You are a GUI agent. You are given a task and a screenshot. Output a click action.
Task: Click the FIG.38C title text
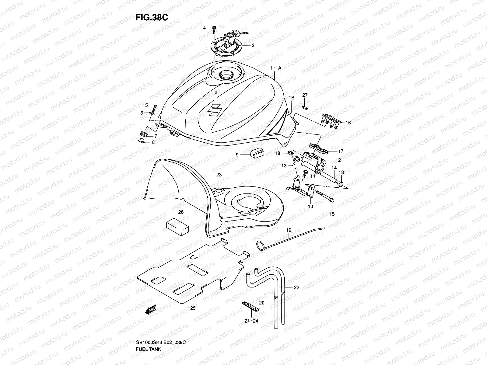click(152, 17)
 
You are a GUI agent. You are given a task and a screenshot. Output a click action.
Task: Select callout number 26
click(180, 212)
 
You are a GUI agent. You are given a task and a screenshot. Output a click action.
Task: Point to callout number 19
click(288, 231)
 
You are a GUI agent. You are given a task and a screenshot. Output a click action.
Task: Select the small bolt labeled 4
click(214, 29)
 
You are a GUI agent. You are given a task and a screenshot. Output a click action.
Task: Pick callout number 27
click(305, 95)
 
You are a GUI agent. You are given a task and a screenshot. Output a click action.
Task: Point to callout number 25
click(193, 308)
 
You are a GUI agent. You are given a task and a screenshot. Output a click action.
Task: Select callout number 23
click(219, 175)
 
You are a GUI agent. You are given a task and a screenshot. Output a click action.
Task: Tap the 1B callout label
click(292, 98)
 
